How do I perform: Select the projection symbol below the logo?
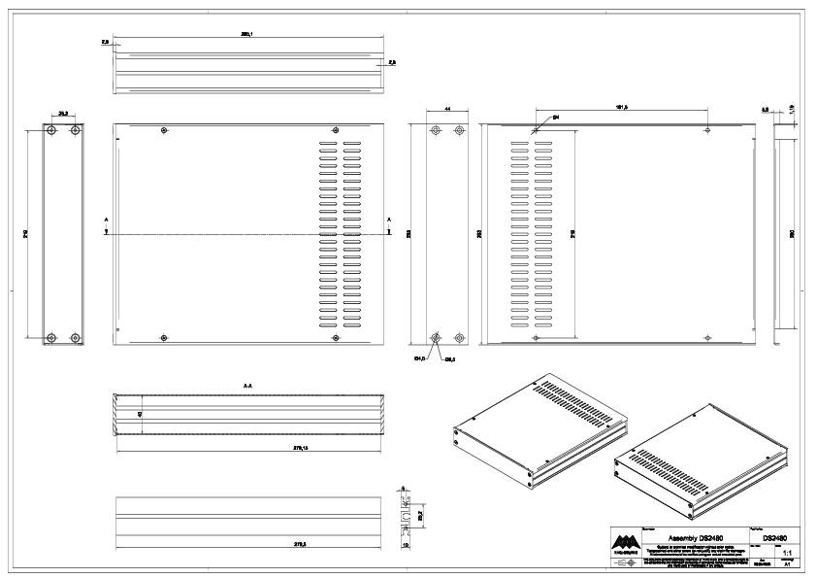tap(626, 561)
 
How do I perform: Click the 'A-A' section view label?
tap(248, 386)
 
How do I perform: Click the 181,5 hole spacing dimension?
tap(622, 108)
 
